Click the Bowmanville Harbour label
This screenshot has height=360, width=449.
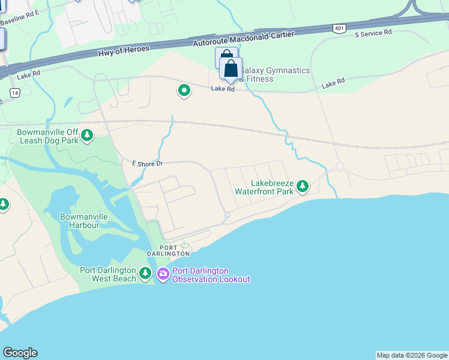coord(79,221)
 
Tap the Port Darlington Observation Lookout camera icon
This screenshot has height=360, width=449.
coord(163,274)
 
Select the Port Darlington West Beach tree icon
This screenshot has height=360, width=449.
coord(145,274)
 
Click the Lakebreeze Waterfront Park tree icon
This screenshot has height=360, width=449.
coord(303,187)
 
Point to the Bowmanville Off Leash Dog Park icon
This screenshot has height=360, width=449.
coord(88,136)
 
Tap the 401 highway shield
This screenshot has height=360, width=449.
coord(339,28)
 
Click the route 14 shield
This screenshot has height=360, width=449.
coord(15,92)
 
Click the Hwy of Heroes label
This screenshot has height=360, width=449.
coord(124,50)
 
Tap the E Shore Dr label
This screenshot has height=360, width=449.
coord(148,163)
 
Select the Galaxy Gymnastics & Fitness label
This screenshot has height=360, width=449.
coord(276,74)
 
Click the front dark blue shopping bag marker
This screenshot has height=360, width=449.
coord(231,69)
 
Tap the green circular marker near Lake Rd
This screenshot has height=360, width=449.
coord(184,91)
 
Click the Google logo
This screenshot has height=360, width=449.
coord(20,353)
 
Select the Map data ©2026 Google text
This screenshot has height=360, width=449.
coord(412,355)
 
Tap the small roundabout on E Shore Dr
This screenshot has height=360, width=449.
coord(228,215)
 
